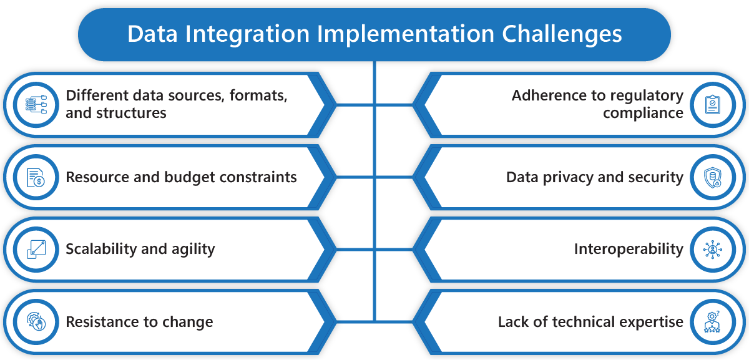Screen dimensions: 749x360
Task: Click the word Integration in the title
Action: [247, 35]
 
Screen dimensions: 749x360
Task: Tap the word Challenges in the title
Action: [562, 35]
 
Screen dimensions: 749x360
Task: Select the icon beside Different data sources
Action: [36, 105]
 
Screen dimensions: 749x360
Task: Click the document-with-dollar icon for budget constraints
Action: [36, 177]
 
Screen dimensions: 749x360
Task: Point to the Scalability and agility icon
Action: [36, 250]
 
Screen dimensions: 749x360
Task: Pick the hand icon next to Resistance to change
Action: [36, 321]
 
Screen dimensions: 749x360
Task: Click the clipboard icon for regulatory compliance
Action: [713, 105]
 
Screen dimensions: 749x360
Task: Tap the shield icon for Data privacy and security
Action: [713, 177]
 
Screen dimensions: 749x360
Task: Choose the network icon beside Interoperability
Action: [713, 250]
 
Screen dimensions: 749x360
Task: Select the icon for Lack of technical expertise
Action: [712, 321]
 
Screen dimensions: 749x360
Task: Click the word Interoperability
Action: [629, 250]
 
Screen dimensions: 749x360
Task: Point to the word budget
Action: [190, 177]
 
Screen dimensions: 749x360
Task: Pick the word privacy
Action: [568, 177]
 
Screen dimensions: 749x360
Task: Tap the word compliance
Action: [643, 114]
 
